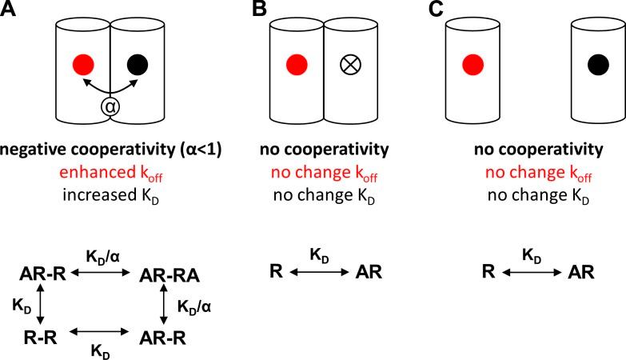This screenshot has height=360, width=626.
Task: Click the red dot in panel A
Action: pyautogui.click(x=82, y=63)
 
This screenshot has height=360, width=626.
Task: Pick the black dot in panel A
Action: pyautogui.click(x=137, y=63)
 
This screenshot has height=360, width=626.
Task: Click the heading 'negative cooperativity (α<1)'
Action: pyautogui.click(x=110, y=150)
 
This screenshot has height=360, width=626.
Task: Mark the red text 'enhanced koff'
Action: pyautogui.click(x=110, y=169)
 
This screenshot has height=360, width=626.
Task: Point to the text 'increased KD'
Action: pyautogui.click(x=110, y=188)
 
